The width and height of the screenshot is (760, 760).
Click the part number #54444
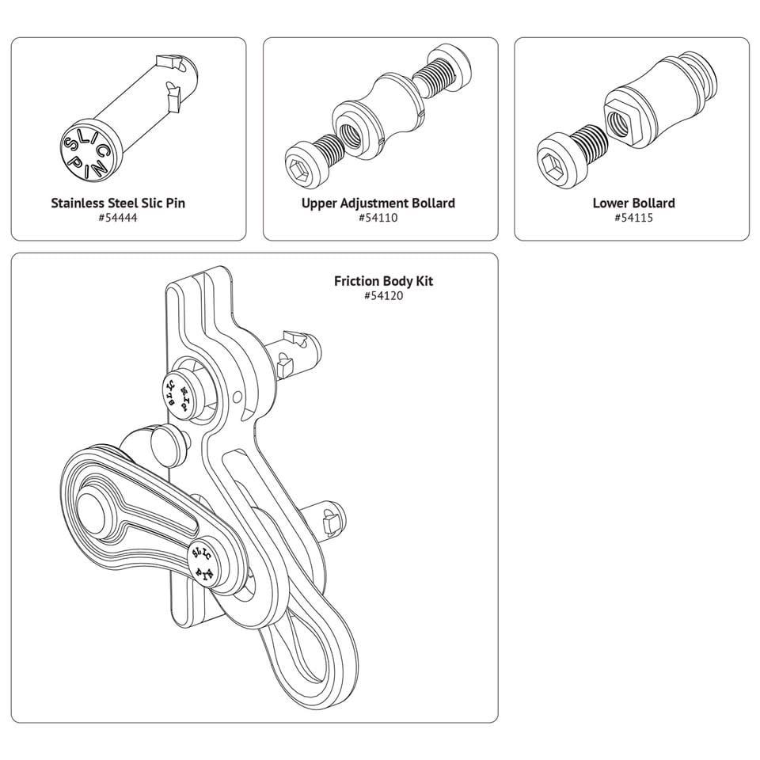tap(117, 217)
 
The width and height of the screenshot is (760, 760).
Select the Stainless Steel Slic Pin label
tap(118, 203)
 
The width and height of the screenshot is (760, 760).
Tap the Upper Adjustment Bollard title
tap(378, 203)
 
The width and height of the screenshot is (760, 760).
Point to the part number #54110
tap(378, 217)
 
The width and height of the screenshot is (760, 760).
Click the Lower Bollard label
tap(633, 203)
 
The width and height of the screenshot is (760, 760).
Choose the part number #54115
tap(633, 217)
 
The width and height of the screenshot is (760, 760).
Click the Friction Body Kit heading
tap(383, 281)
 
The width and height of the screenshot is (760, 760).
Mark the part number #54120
tap(383, 295)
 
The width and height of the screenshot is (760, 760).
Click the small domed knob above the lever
tap(165, 439)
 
